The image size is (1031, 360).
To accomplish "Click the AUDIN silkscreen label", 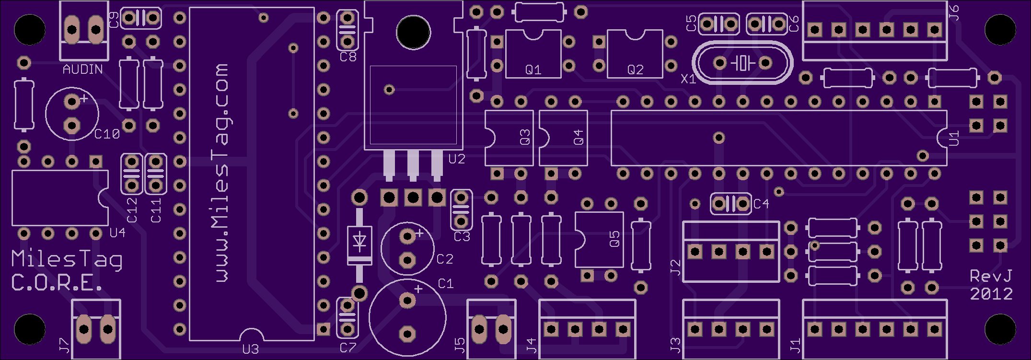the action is (x=82, y=70).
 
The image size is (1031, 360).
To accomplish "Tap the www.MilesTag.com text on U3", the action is (x=221, y=173).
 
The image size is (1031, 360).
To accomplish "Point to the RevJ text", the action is (x=991, y=276).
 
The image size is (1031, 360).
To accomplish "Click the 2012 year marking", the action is (x=991, y=293).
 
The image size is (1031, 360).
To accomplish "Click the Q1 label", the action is (x=533, y=70).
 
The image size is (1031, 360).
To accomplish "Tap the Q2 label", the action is (x=635, y=70).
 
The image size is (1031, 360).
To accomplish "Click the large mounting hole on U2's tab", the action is (x=413, y=32).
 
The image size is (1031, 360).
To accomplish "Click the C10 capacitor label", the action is (x=107, y=134).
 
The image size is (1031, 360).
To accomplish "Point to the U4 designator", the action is (x=117, y=233).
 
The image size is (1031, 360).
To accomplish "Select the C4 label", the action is (x=761, y=204).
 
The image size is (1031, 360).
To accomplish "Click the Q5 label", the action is (x=614, y=239).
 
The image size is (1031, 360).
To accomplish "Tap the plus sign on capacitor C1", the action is (x=418, y=289).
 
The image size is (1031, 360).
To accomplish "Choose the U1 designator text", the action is (x=954, y=138).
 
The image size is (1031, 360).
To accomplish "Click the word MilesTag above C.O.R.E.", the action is (x=67, y=259).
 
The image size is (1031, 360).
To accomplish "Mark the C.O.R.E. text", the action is (x=57, y=283).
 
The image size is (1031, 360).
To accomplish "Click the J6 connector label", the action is (x=954, y=12).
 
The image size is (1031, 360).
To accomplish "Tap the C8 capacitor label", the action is (x=348, y=57).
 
